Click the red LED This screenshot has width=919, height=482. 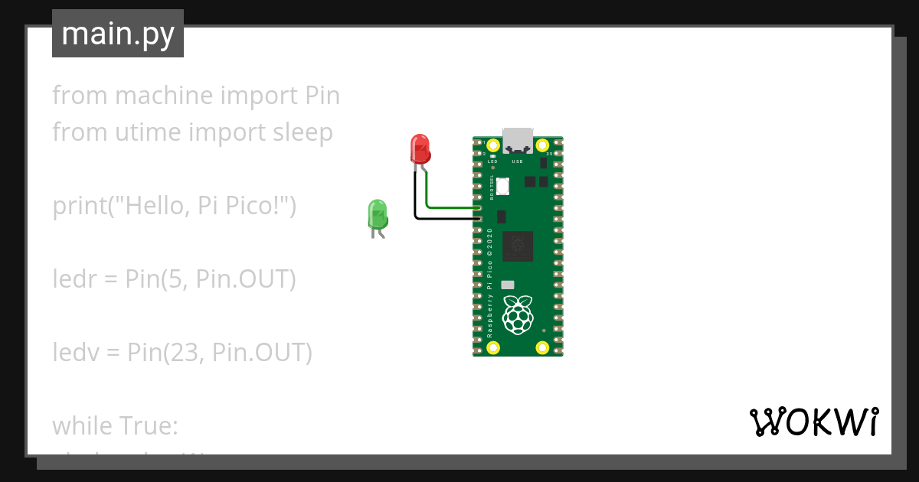pos(420,148)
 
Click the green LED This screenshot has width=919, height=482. pos(378,214)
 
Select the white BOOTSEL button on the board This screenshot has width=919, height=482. pos(503,186)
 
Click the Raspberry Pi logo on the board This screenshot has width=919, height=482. pos(518,314)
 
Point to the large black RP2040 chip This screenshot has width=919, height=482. pos(518,246)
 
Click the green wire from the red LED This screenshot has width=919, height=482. pos(448,207)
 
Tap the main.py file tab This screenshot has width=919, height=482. pos(118,34)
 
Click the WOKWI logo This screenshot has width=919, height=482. pos(813,422)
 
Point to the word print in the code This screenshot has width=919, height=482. pos(77,206)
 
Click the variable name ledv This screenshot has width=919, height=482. pos(72,353)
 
